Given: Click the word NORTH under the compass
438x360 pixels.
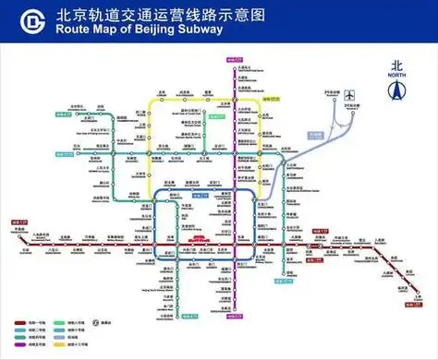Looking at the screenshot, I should click(x=398, y=105).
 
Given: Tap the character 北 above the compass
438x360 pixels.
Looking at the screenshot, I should click(x=398, y=65).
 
